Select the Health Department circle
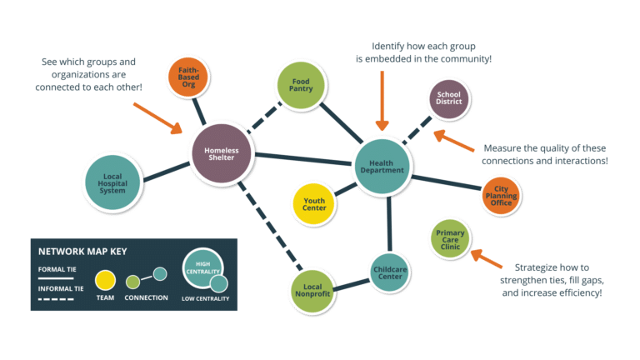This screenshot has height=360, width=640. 382,165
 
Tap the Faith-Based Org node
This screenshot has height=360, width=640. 188,74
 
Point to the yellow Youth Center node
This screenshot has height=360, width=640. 314,203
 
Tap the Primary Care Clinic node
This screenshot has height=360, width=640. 450,240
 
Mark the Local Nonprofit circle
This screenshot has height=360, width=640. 312,291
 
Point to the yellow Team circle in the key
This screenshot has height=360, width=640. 105,281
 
